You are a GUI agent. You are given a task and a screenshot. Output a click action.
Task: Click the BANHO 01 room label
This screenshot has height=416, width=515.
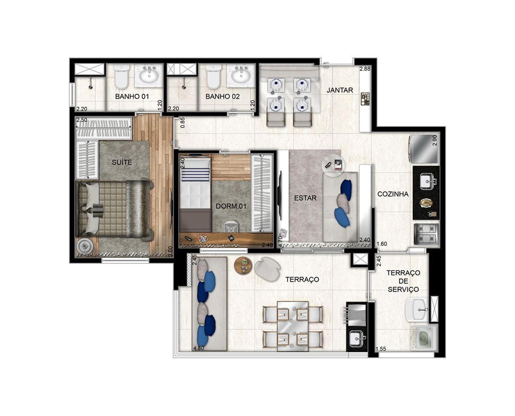click(x=132, y=96)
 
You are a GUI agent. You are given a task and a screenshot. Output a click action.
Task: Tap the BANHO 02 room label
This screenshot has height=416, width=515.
click(x=222, y=96)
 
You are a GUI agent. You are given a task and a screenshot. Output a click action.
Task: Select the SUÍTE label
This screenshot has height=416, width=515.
click(x=122, y=162)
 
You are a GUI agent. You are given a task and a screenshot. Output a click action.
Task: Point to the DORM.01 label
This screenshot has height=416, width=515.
click(x=230, y=206)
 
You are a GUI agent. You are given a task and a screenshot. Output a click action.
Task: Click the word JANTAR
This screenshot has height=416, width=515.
click(x=340, y=90)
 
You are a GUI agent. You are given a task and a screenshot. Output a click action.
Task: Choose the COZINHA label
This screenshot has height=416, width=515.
click(x=393, y=194)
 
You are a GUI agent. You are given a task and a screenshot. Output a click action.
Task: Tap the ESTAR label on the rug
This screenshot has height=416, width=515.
click(x=305, y=198)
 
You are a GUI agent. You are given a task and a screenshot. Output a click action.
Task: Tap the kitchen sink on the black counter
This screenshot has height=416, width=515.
click(x=427, y=181)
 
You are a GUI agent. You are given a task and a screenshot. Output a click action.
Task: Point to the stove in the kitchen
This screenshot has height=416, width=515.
click(x=427, y=234)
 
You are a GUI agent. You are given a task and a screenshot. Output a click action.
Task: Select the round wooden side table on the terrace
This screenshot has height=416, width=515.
click(x=243, y=265)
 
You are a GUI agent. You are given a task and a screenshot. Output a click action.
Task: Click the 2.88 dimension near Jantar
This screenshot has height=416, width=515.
click(x=365, y=69)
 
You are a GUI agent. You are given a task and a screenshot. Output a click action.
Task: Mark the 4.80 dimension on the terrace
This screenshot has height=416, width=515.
click(x=199, y=349)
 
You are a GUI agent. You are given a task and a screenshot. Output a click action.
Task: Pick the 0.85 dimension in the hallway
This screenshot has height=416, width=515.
click(x=183, y=123)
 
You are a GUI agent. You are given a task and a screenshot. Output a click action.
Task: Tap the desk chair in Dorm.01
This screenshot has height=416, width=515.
click(x=230, y=227)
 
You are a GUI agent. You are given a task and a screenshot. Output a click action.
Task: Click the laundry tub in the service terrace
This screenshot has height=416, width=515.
click(x=417, y=310)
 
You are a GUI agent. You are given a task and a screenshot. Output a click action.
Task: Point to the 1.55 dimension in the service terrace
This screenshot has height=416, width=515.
click(x=381, y=349)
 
